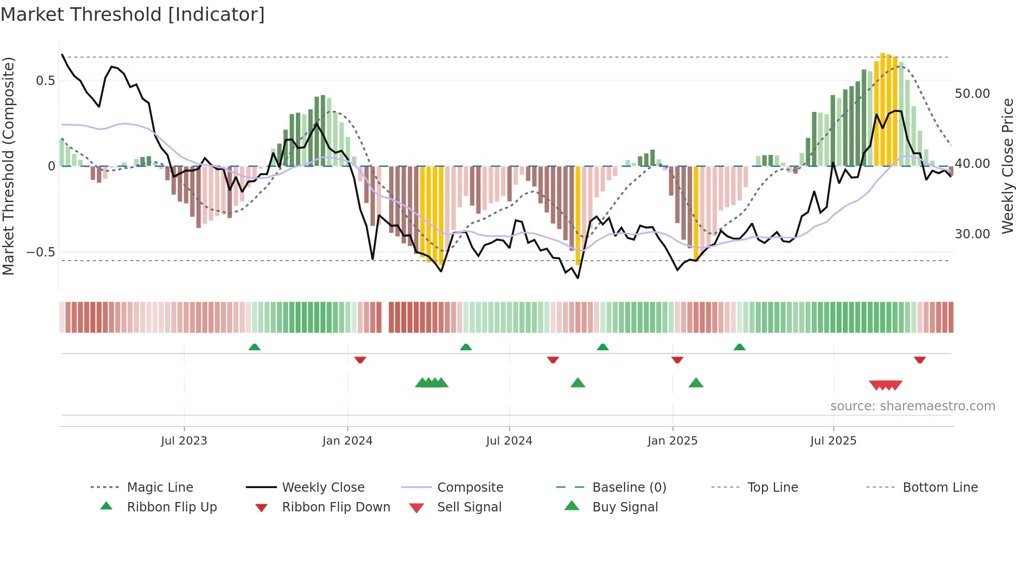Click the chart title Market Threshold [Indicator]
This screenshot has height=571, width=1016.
[x=133, y=15]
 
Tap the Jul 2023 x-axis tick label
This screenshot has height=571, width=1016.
[x=184, y=441]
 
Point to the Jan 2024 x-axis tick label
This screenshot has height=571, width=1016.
[x=347, y=441]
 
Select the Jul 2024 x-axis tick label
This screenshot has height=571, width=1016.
[x=509, y=441]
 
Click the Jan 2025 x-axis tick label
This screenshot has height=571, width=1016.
[x=672, y=441]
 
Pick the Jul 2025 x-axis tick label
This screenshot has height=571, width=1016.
[x=834, y=441]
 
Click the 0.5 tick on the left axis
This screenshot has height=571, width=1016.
[x=45, y=81]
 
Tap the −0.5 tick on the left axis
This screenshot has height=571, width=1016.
[x=41, y=252]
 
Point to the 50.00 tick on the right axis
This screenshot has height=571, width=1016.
[x=972, y=94]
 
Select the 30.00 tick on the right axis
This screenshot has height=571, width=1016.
[x=972, y=234]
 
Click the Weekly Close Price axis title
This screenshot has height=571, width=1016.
[x=1007, y=166]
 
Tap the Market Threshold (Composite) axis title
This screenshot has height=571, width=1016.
[x=8, y=166]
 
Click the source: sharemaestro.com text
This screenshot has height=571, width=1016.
[x=912, y=406]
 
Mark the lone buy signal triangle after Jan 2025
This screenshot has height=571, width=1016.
[x=696, y=383]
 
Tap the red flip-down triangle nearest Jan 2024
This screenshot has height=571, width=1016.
[x=360, y=360]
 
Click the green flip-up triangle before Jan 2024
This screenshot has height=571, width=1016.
[x=254, y=347]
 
